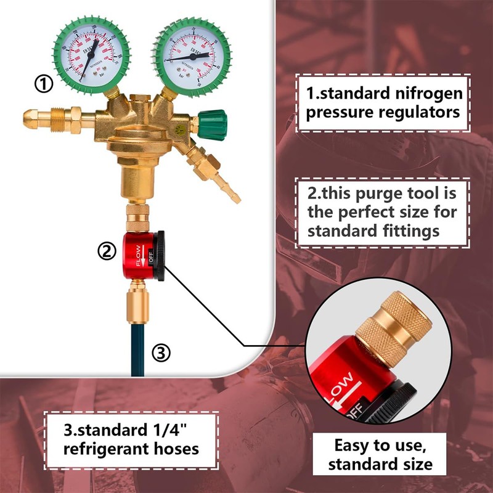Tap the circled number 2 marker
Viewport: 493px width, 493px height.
107,250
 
